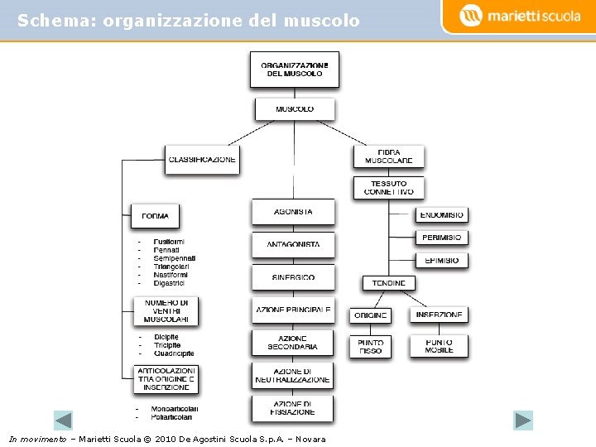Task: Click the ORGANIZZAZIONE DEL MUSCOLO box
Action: [x=294, y=69]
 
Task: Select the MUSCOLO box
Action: [x=294, y=108]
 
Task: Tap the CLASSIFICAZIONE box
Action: [x=202, y=159]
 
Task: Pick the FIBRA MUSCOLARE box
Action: [x=388, y=156]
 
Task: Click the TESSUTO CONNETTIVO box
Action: [x=388, y=188]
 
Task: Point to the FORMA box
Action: [x=155, y=215]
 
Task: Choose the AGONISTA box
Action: [x=293, y=212]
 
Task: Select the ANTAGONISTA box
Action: [x=293, y=245]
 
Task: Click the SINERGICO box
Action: [x=293, y=277]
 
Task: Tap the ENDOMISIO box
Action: [x=441, y=215]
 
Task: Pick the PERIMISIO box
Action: [x=441, y=238]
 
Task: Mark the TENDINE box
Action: [x=388, y=282]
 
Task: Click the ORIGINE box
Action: [x=370, y=315]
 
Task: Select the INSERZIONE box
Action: [x=439, y=315]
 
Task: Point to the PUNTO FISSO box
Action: [x=370, y=346]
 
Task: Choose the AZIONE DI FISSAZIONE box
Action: [x=292, y=408]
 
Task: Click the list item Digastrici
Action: [x=169, y=283]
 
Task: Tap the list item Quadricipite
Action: [x=174, y=353]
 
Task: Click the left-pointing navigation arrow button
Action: [x=64, y=420]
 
